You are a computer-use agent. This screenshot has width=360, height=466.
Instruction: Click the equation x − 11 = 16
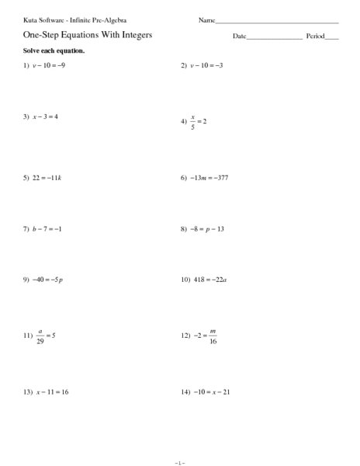coord(52,391)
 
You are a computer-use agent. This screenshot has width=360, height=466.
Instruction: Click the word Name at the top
coord(206,19)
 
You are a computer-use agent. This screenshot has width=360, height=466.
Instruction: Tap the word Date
coord(239,37)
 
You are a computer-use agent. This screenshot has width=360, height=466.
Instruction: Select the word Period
coord(316,37)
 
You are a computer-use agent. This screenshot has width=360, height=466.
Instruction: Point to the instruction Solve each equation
coord(49,50)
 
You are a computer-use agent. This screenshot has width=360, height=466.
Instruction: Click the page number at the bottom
coord(180,461)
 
